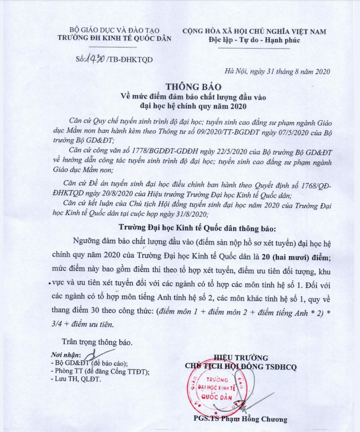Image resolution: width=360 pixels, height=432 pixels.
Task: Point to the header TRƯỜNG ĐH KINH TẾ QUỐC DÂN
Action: point(111,39)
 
